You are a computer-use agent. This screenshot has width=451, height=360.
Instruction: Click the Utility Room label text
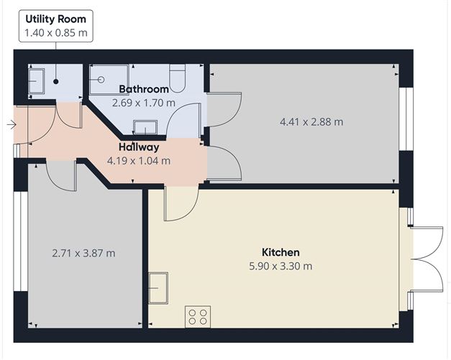point(55,19)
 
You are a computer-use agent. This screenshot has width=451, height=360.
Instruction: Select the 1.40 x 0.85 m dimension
point(55,32)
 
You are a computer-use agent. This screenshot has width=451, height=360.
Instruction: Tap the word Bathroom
point(144,89)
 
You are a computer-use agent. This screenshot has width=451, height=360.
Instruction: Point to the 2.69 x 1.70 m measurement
point(144,103)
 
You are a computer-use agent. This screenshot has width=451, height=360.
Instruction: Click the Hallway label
point(139,147)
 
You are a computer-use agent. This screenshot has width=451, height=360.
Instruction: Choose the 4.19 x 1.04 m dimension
point(139,161)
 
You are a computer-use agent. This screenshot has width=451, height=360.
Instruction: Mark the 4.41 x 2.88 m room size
point(311,121)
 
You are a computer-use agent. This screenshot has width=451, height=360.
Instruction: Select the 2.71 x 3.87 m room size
point(84,253)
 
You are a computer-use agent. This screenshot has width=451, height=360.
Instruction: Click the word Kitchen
point(280,252)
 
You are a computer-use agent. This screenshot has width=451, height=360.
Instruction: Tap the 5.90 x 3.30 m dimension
point(280,266)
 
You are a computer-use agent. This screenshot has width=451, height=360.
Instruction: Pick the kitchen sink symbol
point(158,287)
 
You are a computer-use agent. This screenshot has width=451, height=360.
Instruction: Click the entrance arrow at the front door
point(11,124)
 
